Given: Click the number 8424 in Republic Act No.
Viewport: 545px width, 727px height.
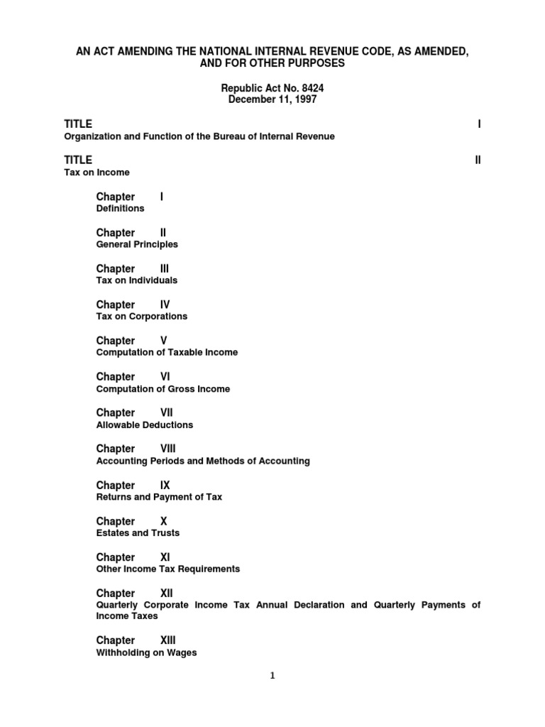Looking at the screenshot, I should click(x=313, y=88).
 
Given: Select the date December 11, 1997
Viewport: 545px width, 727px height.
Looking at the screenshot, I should click(x=272, y=100).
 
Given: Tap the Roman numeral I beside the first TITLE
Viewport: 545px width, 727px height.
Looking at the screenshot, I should click(x=479, y=124).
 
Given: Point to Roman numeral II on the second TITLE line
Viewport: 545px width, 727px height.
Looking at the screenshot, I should click(x=478, y=160).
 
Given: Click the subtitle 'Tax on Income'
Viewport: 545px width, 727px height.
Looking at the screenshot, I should click(x=97, y=173).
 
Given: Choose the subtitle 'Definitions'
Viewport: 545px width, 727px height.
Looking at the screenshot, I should click(x=120, y=209).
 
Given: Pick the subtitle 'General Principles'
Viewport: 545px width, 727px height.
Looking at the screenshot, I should click(x=137, y=244).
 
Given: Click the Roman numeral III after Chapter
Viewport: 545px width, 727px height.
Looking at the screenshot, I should click(x=165, y=268).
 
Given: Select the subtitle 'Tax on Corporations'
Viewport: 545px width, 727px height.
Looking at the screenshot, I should click(x=142, y=317).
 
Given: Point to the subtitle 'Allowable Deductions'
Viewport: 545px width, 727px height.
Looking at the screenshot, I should click(x=144, y=425).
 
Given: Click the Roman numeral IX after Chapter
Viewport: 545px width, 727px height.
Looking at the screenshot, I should click(x=165, y=485).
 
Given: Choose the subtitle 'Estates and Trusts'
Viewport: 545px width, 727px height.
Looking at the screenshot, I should click(x=138, y=533).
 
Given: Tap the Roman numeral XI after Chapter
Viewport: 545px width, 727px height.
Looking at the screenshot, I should click(x=165, y=557).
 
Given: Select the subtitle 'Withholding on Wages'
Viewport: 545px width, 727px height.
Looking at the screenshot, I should click(x=146, y=653).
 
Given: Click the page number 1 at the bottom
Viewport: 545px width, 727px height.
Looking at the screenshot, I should click(x=272, y=676).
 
